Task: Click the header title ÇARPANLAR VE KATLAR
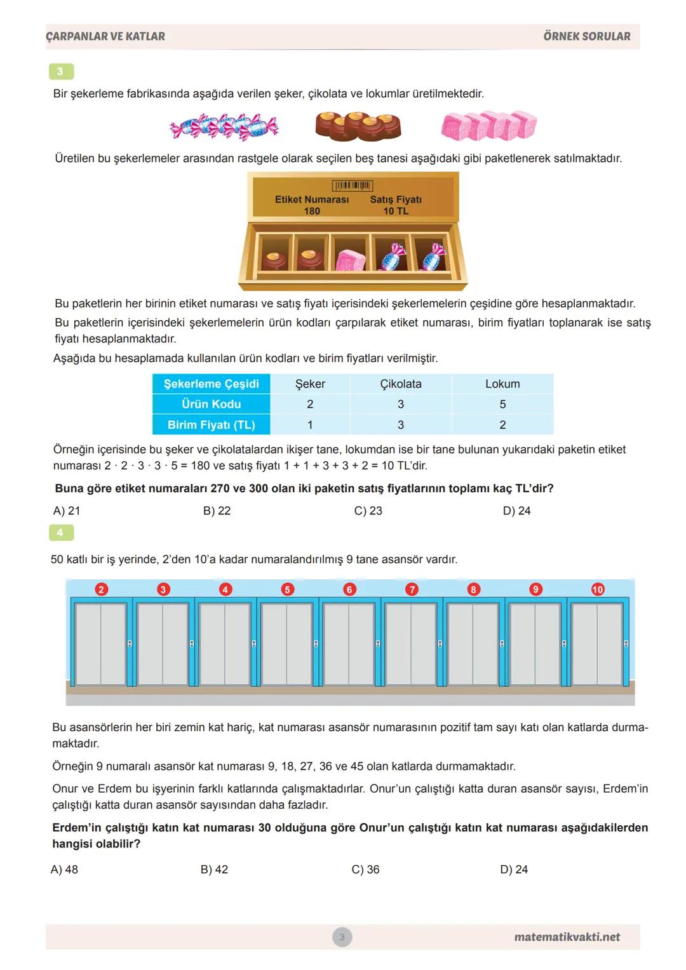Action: tap(105, 37)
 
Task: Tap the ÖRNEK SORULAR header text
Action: tap(586, 37)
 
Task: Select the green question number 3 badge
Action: tap(61, 71)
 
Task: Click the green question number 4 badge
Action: tap(61, 532)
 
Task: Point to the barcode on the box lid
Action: tap(353, 185)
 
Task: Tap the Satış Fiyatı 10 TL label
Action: tap(396, 205)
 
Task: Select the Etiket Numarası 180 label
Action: tap(312, 205)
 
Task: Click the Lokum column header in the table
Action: tap(502, 384)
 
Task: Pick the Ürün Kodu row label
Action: tap(211, 404)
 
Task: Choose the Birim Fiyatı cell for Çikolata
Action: tap(401, 425)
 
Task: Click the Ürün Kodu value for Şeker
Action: tap(310, 404)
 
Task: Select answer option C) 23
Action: tap(368, 511)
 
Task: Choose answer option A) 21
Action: tap(67, 511)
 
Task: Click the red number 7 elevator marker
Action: tap(412, 589)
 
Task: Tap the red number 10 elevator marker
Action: tap(598, 589)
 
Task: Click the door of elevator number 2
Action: tap(100, 643)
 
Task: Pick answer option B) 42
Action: tap(214, 870)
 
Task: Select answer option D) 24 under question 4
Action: tap(514, 870)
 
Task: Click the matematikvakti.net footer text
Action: tap(567, 937)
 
